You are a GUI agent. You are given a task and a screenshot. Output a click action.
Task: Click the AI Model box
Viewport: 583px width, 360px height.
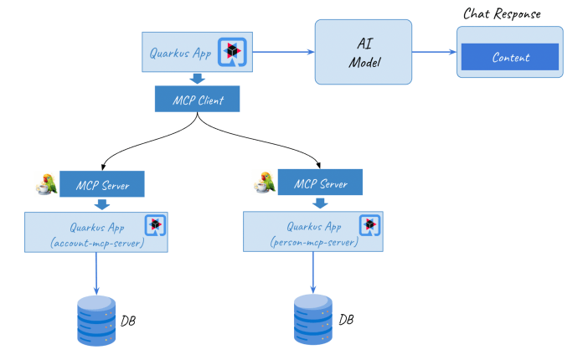(x=363, y=52)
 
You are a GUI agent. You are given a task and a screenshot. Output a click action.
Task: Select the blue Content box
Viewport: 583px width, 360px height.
(x=510, y=57)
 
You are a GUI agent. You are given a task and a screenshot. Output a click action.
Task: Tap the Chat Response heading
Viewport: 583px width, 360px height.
(x=502, y=14)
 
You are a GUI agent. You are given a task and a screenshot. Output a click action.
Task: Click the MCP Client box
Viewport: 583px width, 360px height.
(x=198, y=100)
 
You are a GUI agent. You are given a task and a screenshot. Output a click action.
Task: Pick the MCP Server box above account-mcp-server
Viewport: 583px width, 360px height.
(x=101, y=184)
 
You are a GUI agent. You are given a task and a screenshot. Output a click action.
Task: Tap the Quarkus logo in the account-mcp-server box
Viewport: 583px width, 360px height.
(x=155, y=225)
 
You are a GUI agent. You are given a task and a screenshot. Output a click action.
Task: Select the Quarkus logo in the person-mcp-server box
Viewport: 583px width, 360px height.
(x=370, y=225)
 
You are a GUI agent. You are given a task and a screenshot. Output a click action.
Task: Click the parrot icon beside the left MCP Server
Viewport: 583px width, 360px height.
(x=45, y=184)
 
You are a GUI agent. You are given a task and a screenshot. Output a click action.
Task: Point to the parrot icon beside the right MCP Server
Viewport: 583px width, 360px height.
(x=264, y=182)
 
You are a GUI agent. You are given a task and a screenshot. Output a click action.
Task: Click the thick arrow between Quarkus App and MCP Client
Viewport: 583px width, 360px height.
(x=198, y=79)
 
